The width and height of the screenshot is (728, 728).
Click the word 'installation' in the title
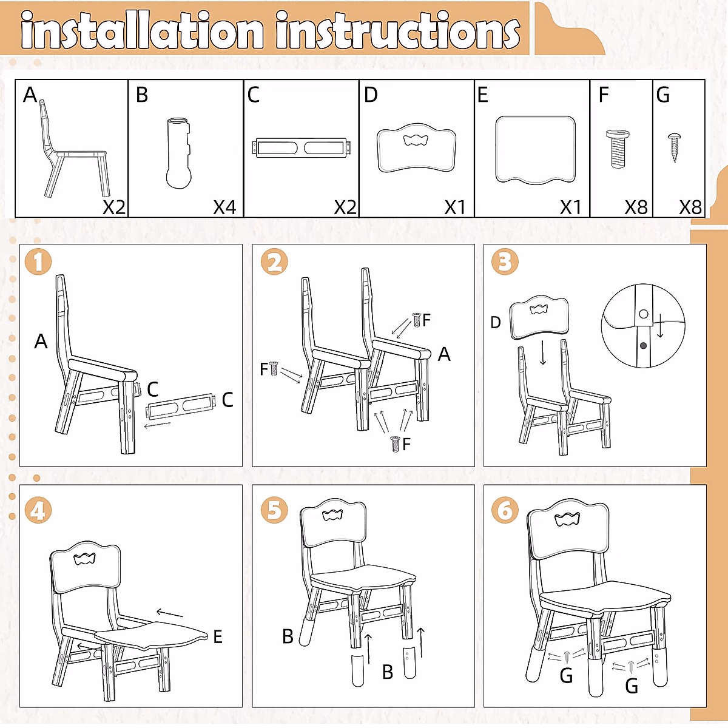coord(143,31)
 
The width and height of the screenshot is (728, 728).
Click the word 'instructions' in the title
coord(397,31)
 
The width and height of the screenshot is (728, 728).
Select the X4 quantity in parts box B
coord(224,207)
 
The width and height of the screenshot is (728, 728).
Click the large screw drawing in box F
coord(618,148)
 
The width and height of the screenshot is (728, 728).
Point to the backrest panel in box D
coord(416,149)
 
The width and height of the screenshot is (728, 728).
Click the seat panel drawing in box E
coord(535,149)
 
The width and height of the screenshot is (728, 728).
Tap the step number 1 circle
coord(38,263)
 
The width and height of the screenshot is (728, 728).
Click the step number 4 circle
coord(38,510)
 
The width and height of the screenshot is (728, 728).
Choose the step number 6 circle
coord(505,510)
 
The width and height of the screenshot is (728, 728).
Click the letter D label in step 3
coord(496,323)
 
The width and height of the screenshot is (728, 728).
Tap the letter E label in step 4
coord(218,637)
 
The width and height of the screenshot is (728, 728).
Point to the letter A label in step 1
coord(41,342)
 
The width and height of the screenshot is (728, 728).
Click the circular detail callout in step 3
coord(643,326)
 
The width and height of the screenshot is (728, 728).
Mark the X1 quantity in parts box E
coord(570,207)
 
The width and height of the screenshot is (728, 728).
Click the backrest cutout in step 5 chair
coord(333,515)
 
